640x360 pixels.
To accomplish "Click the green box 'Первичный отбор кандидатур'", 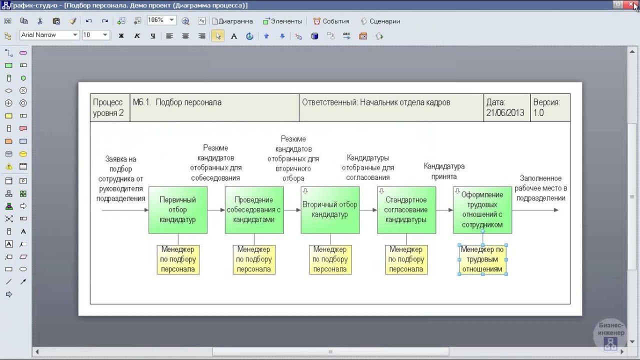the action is pyautogui.click(x=178, y=210).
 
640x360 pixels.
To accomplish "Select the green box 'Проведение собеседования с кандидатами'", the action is pyautogui.click(x=254, y=210).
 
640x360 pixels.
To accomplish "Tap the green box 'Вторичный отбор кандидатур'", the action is pyautogui.click(x=330, y=210).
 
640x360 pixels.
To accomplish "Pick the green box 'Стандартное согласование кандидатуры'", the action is pyautogui.click(x=406, y=210).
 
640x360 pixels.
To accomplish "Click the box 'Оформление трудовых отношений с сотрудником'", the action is pyautogui.click(x=482, y=210).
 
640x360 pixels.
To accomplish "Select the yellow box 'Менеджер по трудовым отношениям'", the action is pyautogui.click(x=483, y=259).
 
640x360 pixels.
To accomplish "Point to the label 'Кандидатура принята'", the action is pyautogui.click(x=444, y=171).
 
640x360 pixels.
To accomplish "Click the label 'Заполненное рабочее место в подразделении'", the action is pyautogui.click(x=541, y=188).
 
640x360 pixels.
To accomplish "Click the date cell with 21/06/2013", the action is pyautogui.click(x=507, y=107).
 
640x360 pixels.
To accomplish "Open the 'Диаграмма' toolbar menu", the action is pyautogui.click(x=232, y=21).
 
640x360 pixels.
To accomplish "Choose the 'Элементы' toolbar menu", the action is pyautogui.click(x=282, y=21).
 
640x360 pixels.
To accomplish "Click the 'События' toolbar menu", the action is pyautogui.click(x=331, y=21).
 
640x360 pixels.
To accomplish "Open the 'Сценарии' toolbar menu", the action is pyautogui.click(x=380, y=21).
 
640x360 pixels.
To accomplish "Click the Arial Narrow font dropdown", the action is pyautogui.click(x=49, y=35).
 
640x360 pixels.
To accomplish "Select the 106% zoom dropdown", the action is pyautogui.click(x=161, y=20).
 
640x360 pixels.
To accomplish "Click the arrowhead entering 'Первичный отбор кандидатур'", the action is pyautogui.click(x=146, y=210).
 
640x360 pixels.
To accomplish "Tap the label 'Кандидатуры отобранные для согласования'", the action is pyautogui.click(x=368, y=167).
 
